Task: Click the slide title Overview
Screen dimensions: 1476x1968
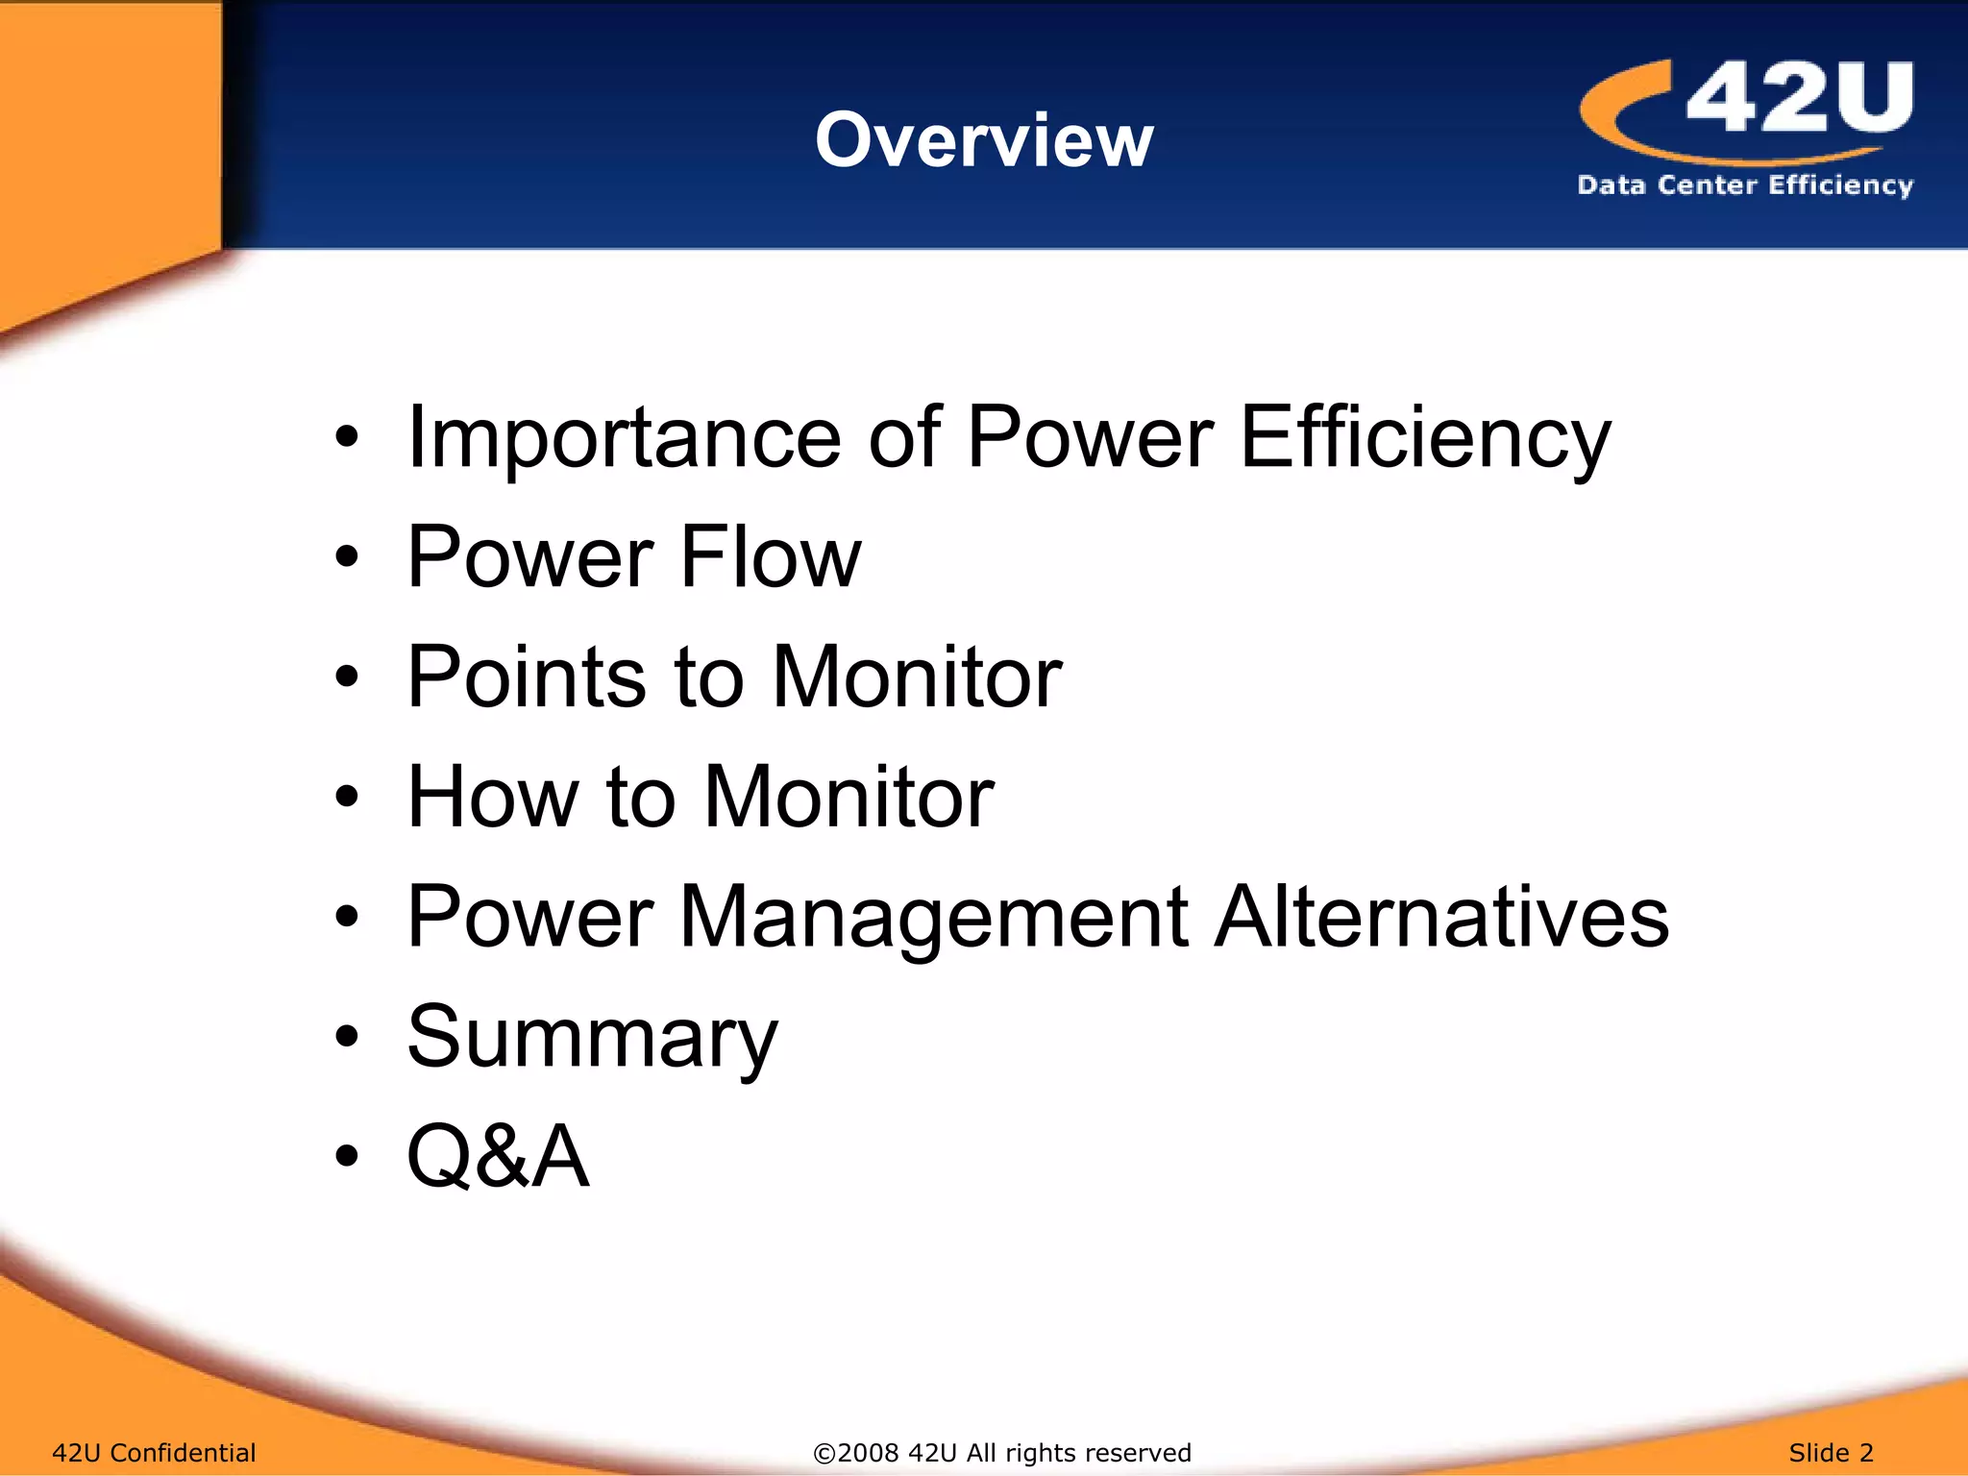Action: (984, 140)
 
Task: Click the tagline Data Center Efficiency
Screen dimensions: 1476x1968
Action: (1745, 184)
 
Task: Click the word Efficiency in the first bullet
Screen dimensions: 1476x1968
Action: (1425, 438)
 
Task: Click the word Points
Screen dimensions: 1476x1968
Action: (527, 677)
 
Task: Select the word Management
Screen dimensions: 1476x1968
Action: (935, 917)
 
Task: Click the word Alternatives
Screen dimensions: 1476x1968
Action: (1441, 917)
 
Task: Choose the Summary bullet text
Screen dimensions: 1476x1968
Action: (592, 1038)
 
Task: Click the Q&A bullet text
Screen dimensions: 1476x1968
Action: (498, 1156)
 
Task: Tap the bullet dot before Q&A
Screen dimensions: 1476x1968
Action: (347, 1156)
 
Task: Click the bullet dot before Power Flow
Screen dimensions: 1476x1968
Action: (347, 557)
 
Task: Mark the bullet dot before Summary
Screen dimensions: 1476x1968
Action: (347, 1037)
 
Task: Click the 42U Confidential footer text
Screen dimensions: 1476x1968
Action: (154, 1452)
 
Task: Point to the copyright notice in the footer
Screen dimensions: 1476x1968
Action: (1002, 1452)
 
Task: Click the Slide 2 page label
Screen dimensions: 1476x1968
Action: (1831, 1452)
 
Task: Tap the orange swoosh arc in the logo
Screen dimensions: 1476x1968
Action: (1634, 125)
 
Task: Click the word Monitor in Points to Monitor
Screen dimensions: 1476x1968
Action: (917, 677)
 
